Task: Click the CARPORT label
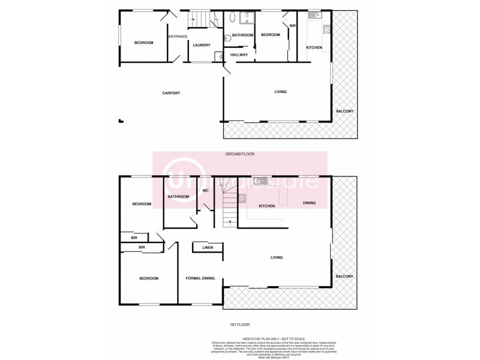click(x=171, y=92)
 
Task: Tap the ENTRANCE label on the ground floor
click(x=178, y=37)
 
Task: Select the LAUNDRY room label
click(x=201, y=45)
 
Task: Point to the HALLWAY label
click(x=239, y=55)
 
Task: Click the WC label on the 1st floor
click(x=205, y=191)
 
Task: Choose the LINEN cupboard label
click(x=208, y=247)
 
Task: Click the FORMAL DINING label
click(x=200, y=278)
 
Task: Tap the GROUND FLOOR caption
click(x=240, y=154)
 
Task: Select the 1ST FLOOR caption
click(x=239, y=325)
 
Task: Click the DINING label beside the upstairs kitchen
click(x=310, y=203)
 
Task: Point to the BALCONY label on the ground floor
click(x=344, y=111)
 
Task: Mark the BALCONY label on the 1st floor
click(x=344, y=276)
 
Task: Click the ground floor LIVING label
click(x=280, y=92)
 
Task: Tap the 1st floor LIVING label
click(x=277, y=257)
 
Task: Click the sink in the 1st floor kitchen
click(x=260, y=179)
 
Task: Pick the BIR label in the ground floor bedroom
click(x=293, y=26)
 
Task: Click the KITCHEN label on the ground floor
click(x=314, y=47)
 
